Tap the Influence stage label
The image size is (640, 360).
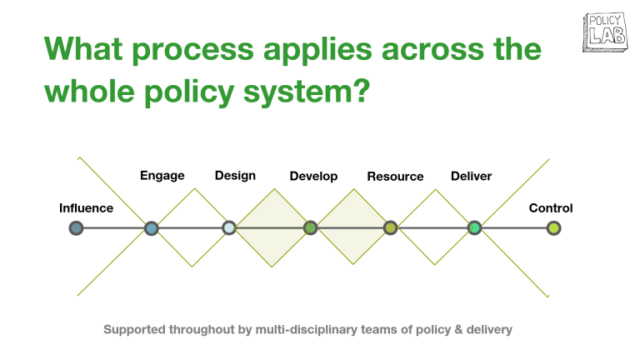point(86,208)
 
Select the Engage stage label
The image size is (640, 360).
point(162,176)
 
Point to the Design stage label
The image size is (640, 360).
point(235,176)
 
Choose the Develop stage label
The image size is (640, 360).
point(313,177)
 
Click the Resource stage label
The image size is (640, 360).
point(395,177)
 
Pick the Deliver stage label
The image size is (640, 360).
point(471,176)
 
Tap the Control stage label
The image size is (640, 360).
point(551,208)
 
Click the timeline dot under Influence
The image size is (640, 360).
point(77,227)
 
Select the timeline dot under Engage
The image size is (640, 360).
point(151,227)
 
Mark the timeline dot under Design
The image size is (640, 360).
point(229,227)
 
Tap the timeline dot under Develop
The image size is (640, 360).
point(310,227)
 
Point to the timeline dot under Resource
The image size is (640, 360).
point(390,227)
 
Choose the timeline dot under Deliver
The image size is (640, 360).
point(474,227)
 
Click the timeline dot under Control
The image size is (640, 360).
point(553,227)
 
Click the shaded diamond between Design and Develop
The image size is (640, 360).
point(272,227)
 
